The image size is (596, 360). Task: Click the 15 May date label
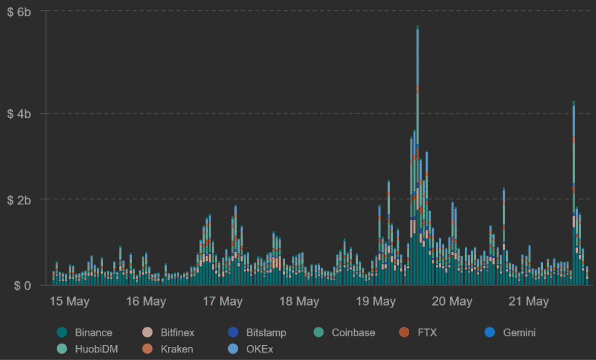click(69, 302)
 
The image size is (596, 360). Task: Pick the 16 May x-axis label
click(146, 302)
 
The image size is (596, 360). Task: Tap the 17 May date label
click(222, 302)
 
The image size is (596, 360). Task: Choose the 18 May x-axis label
click(299, 302)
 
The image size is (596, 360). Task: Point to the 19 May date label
click(376, 302)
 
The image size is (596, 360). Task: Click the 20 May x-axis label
click(452, 302)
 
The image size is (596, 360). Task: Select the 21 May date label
click(529, 302)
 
